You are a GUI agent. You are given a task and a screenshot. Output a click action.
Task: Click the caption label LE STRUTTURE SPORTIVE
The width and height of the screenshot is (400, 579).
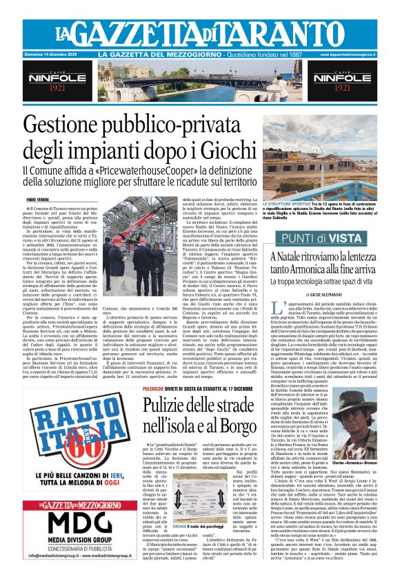coord(287,205)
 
